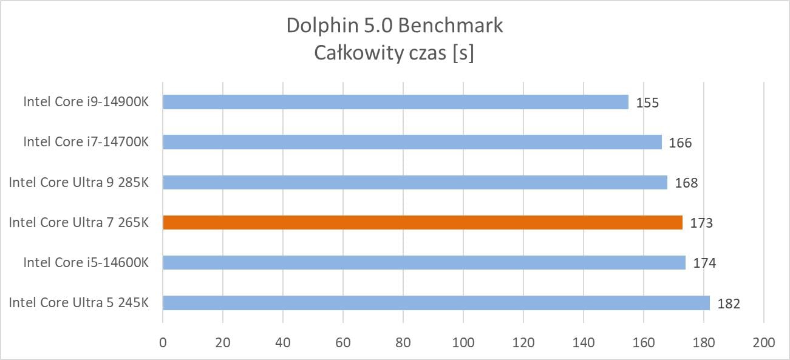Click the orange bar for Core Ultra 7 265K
click(x=422, y=222)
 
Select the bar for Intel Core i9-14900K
click(x=395, y=102)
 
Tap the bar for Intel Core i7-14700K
click(x=412, y=142)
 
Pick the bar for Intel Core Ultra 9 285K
click(x=415, y=182)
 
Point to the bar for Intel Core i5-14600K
click(x=424, y=262)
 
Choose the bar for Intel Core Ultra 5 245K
click(x=436, y=302)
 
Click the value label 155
click(x=647, y=103)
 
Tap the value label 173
click(x=701, y=223)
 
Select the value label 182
click(x=729, y=304)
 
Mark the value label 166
click(x=681, y=143)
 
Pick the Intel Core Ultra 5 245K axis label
click(x=79, y=302)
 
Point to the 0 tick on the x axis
click(x=163, y=342)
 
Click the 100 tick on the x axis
click(x=463, y=342)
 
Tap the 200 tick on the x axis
click(x=763, y=342)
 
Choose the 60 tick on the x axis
click(x=343, y=342)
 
